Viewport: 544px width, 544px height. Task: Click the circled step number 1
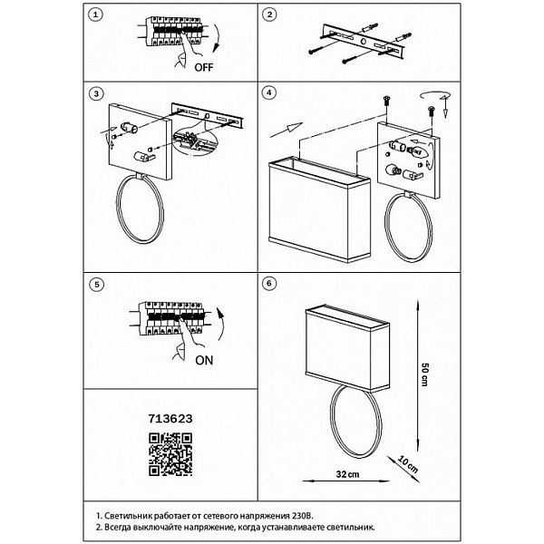[96, 15]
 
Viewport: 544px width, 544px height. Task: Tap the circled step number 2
[269, 15]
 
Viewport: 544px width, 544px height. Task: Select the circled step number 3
[96, 93]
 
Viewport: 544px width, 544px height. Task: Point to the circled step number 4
[269, 92]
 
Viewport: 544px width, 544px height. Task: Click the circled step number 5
[96, 285]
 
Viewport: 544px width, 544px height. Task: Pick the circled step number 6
[269, 284]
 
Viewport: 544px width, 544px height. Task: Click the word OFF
[204, 67]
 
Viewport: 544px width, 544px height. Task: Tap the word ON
[204, 361]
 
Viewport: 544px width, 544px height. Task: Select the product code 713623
[170, 419]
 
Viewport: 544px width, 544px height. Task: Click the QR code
[170, 454]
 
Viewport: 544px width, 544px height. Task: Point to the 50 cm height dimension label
[424, 374]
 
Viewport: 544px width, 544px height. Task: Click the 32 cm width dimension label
[347, 474]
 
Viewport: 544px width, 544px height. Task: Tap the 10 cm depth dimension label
[408, 465]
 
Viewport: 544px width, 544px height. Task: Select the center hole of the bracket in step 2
[363, 42]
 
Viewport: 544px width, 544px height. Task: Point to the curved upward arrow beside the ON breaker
[220, 324]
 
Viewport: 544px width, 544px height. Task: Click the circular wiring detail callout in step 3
[194, 140]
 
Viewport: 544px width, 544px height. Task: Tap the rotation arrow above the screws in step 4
[435, 96]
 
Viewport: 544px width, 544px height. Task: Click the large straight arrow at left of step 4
[287, 130]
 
